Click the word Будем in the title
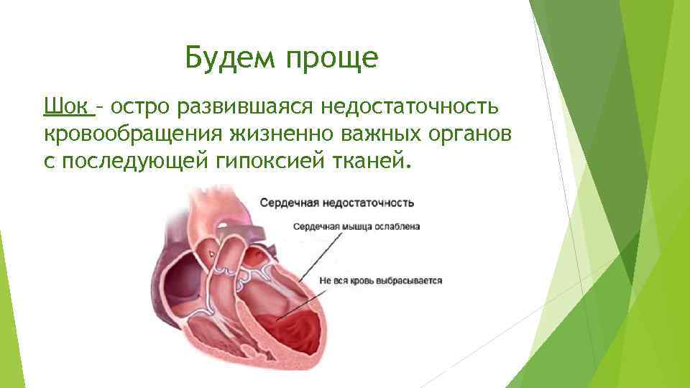tap(228, 58)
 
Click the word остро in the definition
tap(139, 107)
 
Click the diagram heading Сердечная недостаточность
tap(336, 203)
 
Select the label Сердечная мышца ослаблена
tap(356, 226)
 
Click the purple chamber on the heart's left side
tap(180, 273)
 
